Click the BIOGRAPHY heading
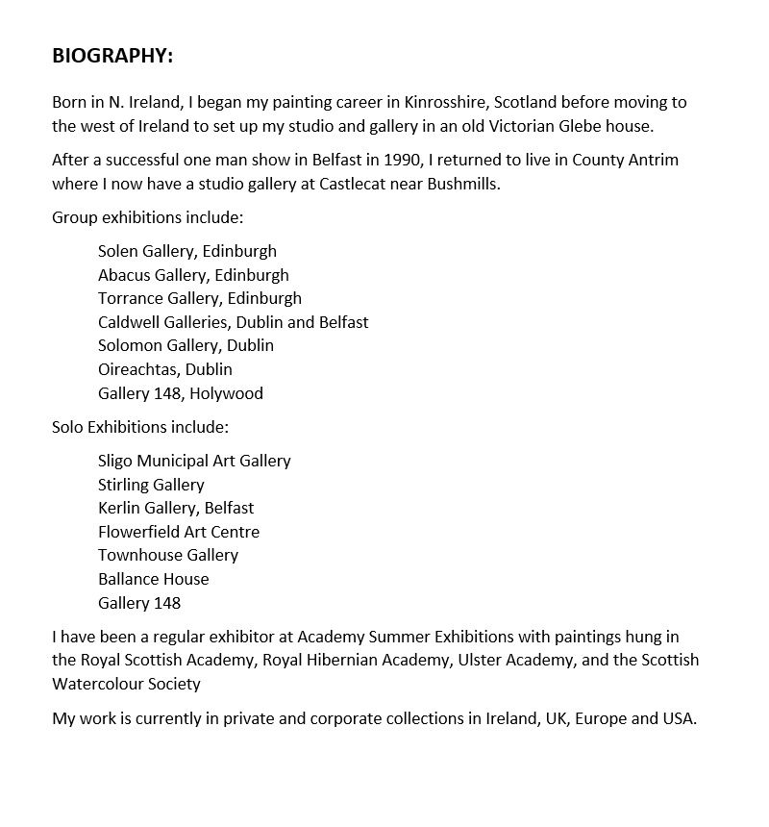(x=112, y=56)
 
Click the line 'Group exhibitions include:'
(x=148, y=217)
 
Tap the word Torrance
(x=128, y=298)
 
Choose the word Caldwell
(x=128, y=321)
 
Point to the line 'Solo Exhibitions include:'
(x=140, y=426)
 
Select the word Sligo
(x=115, y=461)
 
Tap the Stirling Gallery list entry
(x=151, y=485)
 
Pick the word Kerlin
(x=120, y=508)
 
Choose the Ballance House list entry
(x=153, y=579)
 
